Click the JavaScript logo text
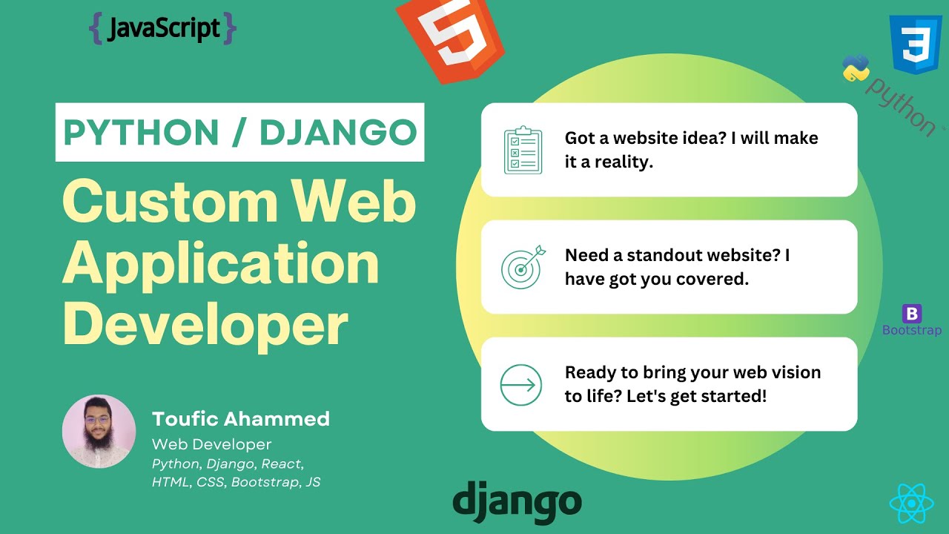click(162, 29)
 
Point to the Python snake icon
click(856, 68)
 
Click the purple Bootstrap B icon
click(912, 314)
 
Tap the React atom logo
click(910, 504)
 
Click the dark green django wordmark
click(517, 501)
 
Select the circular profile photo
click(99, 432)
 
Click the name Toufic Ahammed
click(241, 419)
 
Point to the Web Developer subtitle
click(211, 444)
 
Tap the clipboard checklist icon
click(522, 150)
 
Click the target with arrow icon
click(522, 267)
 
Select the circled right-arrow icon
click(521, 385)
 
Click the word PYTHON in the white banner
click(141, 133)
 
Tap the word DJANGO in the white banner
click(338, 133)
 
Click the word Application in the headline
click(221, 264)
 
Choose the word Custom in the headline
click(168, 202)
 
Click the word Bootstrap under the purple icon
click(912, 330)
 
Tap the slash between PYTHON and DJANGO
click(239, 133)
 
